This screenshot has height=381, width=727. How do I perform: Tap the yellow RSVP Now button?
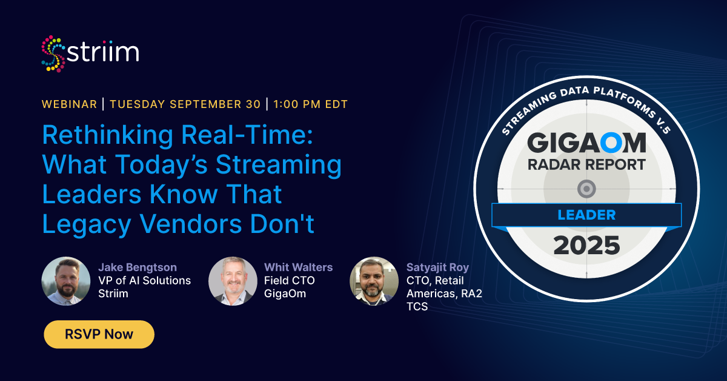tap(99, 334)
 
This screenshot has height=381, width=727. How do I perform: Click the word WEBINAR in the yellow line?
tap(69, 104)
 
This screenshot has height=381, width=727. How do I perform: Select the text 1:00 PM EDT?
tap(310, 104)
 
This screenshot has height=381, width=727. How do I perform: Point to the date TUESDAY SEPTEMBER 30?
tap(185, 104)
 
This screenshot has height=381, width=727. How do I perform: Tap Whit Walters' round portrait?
tap(233, 281)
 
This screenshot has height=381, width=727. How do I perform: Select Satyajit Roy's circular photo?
tap(374, 281)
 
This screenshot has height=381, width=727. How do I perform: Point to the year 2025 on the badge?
tap(586, 246)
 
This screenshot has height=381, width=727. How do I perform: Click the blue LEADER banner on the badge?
tap(586, 215)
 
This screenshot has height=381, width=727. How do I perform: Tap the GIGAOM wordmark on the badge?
tap(586, 143)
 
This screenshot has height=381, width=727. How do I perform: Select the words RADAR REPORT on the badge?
tap(586, 164)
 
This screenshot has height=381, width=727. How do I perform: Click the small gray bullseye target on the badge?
tap(586, 189)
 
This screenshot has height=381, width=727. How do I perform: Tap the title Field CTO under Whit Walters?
tap(290, 280)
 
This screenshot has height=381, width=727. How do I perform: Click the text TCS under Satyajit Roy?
tap(417, 307)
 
